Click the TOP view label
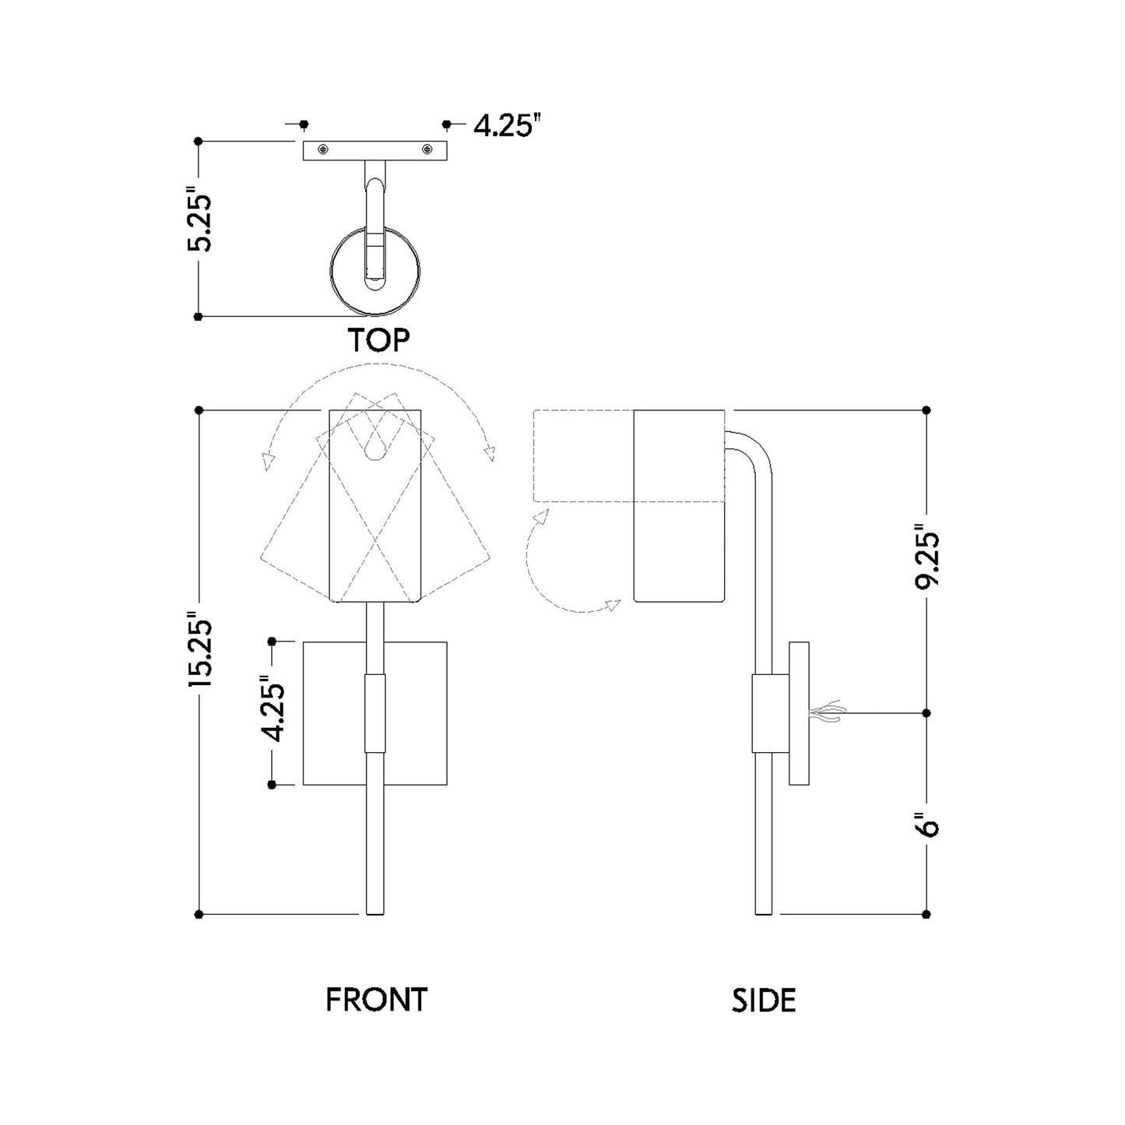(378, 340)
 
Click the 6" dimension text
(927, 824)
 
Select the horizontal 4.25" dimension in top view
(507, 125)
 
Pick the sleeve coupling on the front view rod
(375, 713)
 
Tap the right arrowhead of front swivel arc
(490, 452)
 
